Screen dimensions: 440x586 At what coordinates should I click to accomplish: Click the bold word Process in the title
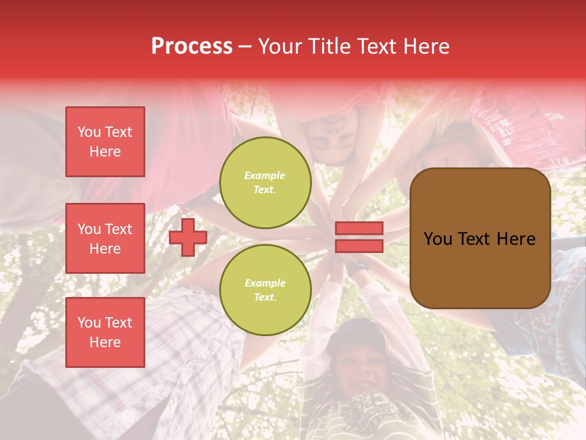point(192,46)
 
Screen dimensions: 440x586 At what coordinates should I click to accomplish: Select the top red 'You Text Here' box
point(105,142)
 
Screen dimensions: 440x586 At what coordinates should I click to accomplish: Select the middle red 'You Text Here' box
point(105,238)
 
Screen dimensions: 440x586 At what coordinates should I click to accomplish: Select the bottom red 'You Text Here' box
point(105,332)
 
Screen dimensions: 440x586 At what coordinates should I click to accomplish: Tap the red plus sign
point(188,237)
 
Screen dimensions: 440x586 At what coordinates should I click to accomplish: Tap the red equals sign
point(360,237)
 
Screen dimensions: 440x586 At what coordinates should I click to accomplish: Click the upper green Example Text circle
point(265,183)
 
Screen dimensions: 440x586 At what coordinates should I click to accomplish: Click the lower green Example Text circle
point(265,290)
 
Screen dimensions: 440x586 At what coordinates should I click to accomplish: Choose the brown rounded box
point(480,238)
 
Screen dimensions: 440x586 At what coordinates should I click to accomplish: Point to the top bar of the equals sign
point(360,229)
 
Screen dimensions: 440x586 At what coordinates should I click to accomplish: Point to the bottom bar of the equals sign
point(360,246)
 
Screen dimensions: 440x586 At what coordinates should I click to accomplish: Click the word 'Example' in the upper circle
point(265,176)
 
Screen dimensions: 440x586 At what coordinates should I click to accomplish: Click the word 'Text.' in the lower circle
point(265,298)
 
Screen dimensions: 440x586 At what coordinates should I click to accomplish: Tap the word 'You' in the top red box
point(89,132)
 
